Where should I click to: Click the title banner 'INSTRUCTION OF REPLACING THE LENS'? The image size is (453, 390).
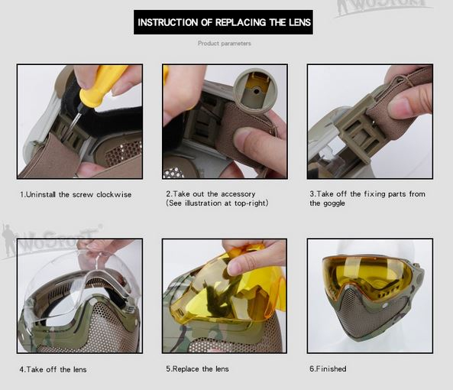click(223, 22)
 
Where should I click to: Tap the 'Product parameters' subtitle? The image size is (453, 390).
click(224, 44)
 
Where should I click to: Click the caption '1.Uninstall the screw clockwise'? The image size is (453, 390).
click(76, 194)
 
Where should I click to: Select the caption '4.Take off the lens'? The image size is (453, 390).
click(53, 369)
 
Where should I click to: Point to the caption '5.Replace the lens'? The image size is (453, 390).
click(197, 369)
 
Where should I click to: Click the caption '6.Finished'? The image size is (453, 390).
click(328, 369)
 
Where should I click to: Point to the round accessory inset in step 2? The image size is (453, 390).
click(255, 91)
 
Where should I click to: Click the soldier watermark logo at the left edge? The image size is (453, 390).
click(8, 240)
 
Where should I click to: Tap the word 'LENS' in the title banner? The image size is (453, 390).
click(299, 22)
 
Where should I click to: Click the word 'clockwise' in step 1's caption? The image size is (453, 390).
click(114, 194)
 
